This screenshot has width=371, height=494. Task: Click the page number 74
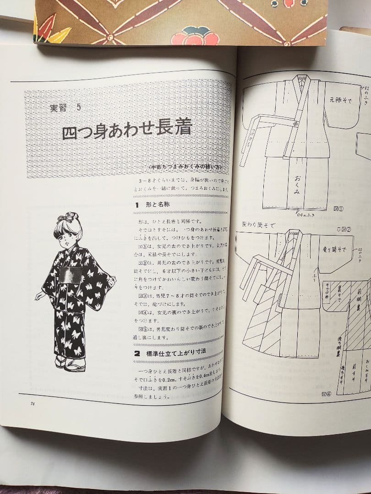tap(33, 403)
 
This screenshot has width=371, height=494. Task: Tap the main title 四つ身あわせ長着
tap(127, 132)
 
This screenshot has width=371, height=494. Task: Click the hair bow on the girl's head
tap(71, 216)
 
